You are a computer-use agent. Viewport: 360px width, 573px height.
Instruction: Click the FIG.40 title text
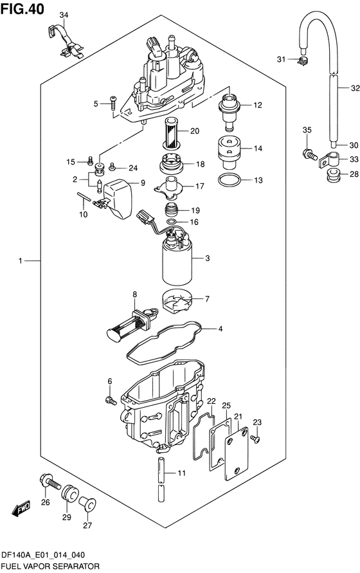coord(22,9)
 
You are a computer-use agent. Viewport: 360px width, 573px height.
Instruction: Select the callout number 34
coord(64,15)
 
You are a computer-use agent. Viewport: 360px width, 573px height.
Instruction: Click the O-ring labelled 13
coord(229,180)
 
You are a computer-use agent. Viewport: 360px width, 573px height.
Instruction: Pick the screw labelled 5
coord(113,104)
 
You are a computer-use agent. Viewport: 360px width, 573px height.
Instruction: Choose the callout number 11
coord(182,473)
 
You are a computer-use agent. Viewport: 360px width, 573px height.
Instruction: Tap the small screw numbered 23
coord(255,439)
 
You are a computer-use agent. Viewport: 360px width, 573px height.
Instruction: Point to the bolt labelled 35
coord(309,154)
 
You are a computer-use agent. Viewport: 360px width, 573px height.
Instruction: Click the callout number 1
coord(21,261)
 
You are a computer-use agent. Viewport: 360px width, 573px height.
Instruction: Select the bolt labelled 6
coord(111,401)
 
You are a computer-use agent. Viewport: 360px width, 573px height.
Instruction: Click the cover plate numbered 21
coord(236,453)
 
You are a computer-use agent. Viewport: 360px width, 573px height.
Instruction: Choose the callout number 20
coord(195,131)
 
